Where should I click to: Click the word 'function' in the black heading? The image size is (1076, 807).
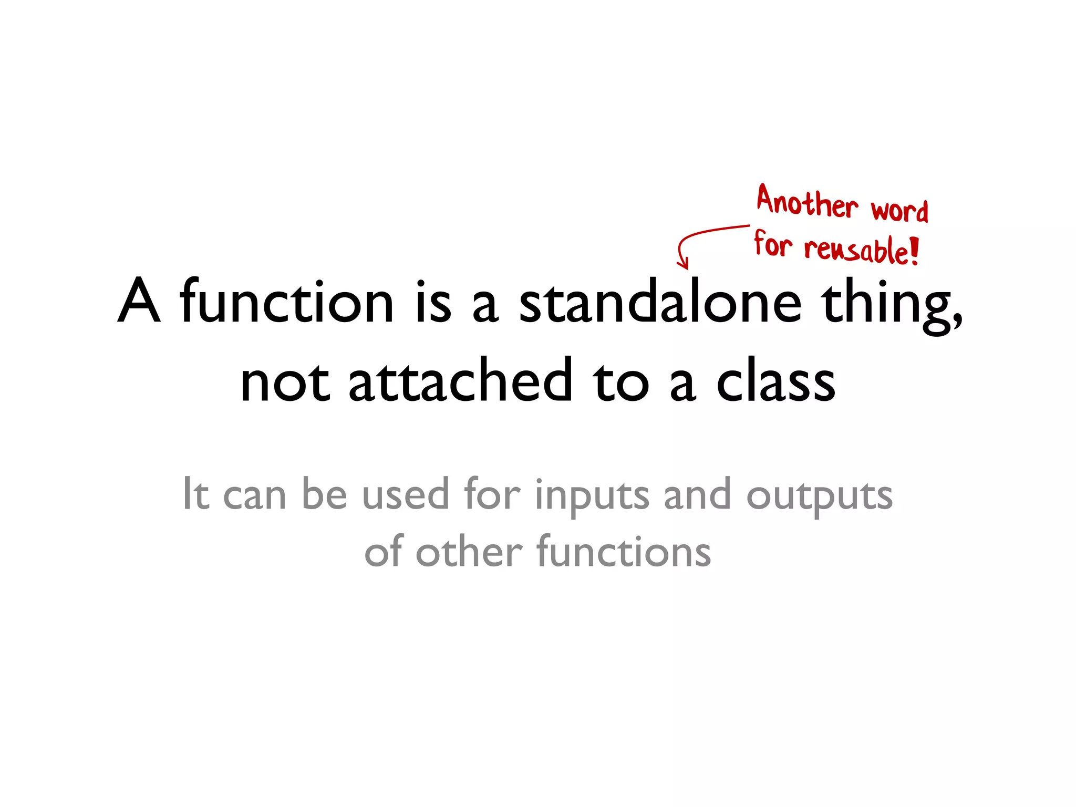(286, 302)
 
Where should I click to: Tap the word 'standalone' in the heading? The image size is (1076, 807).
(660, 302)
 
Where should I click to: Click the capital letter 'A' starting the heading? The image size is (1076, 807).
(139, 302)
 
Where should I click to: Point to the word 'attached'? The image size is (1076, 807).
(460, 381)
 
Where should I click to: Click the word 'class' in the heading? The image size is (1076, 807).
(776, 381)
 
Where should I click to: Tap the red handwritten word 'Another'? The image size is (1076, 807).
(806, 202)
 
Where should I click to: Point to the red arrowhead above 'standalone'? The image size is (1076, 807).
(682, 263)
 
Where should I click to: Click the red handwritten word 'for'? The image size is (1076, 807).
(772, 244)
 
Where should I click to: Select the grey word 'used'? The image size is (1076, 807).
(406, 495)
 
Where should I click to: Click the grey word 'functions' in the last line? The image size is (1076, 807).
(624, 552)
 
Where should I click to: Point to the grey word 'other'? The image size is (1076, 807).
(469, 552)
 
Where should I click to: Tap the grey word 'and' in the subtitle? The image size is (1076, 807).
(697, 495)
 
